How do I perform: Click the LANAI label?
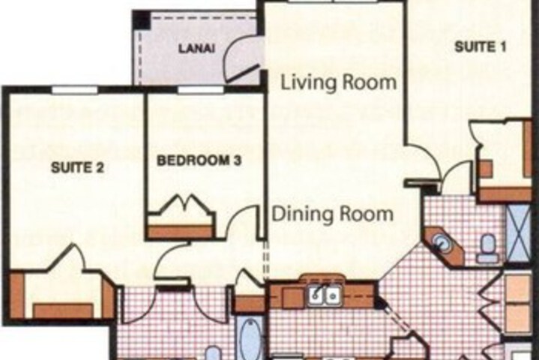(196, 49)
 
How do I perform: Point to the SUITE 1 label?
(481, 46)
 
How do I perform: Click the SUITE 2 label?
(77, 167)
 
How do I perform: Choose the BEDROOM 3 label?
(199, 160)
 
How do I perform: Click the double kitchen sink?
(324, 295)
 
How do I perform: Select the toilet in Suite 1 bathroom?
(488, 248)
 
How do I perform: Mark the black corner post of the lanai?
(141, 19)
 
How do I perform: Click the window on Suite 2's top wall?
(75, 90)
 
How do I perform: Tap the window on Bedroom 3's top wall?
(201, 90)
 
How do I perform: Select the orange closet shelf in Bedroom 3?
(180, 232)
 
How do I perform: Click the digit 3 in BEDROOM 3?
(237, 160)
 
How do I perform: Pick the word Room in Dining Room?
(367, 214)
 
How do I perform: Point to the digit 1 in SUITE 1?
(503, 46)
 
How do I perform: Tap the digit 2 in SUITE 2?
(100, 168)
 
